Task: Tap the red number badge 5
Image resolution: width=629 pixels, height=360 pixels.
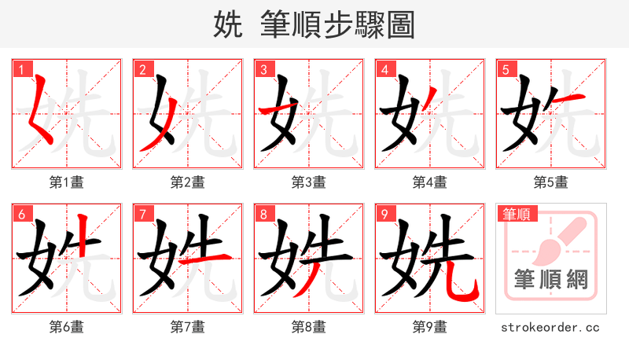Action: (506, 70)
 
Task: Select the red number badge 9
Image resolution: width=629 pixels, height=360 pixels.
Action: (384, 214)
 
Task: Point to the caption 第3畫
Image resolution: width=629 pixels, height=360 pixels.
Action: (308, 182)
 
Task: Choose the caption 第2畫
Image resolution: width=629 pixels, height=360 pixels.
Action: (187, 182)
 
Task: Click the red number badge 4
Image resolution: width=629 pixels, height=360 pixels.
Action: (384, 70)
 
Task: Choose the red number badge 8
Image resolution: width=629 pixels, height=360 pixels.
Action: (263, 214)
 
